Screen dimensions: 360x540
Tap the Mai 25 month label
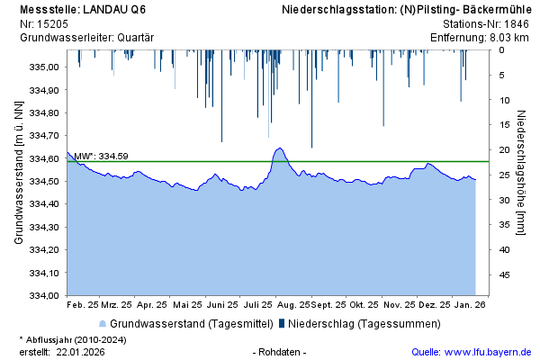(x=188, y=305)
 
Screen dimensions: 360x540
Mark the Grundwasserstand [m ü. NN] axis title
(x=18, y=171)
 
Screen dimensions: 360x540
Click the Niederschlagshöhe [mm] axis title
(x=522, y=171)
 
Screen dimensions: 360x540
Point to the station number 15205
(x=53, y=24)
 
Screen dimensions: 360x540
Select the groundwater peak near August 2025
(x=279, y=148)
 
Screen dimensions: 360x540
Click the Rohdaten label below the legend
(x=282, y=351)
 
